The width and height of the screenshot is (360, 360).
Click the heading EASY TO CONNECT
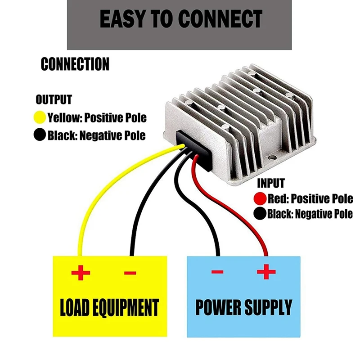tap(181, 19)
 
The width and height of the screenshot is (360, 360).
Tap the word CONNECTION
tap(75, 64)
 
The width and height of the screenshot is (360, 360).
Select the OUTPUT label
tap(54, 99)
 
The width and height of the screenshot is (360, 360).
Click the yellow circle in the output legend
tap(40, 117)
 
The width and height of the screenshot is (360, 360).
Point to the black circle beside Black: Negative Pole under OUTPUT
tap(40, 135)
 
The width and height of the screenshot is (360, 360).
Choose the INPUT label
tap(271, 183)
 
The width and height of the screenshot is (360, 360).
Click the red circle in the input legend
tap(260, 198)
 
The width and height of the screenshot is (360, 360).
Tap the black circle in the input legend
tap(260, 213)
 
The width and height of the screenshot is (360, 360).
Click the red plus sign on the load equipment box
tap(81, 273)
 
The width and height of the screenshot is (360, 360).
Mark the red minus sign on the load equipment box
tap(130, 273)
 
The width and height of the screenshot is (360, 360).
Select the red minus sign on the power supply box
tap(217, 272)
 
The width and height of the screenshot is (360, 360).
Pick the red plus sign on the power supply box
tap(266, 272)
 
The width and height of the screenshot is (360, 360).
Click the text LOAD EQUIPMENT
tap(109, 308)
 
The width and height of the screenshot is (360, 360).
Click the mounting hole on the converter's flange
tap(272, 158)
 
